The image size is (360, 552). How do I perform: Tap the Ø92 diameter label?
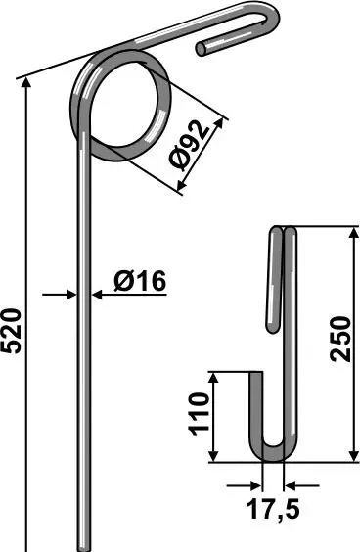[189, 147]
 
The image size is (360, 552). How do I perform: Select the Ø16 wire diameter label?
[139, 281]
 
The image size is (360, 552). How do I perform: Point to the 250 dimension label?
[340, 339]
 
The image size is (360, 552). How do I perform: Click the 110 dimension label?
[200, 414]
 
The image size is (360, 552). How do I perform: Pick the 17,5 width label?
[273, 510]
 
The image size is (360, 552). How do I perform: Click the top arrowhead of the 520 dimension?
[26, 82]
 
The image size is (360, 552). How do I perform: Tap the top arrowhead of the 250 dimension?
[353, 233]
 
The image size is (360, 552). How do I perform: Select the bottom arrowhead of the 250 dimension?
[353, 455]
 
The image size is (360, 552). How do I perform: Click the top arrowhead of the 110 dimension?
[214, 378]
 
